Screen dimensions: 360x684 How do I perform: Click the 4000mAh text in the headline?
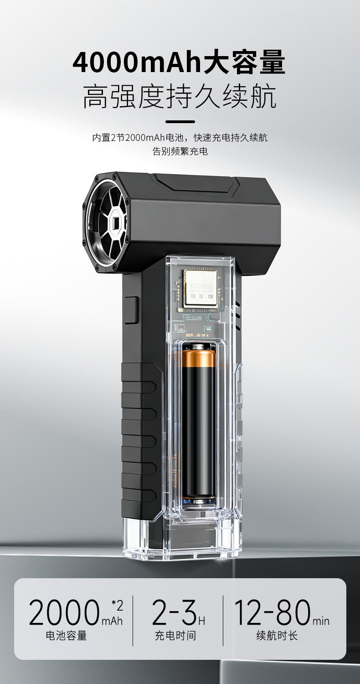click(x=137, y=62)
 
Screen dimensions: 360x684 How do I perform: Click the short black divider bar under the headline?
click(x=180, y=122)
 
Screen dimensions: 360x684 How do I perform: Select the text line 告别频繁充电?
click(x=180, y=151)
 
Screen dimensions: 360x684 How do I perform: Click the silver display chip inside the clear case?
click(x=201, y=289)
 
